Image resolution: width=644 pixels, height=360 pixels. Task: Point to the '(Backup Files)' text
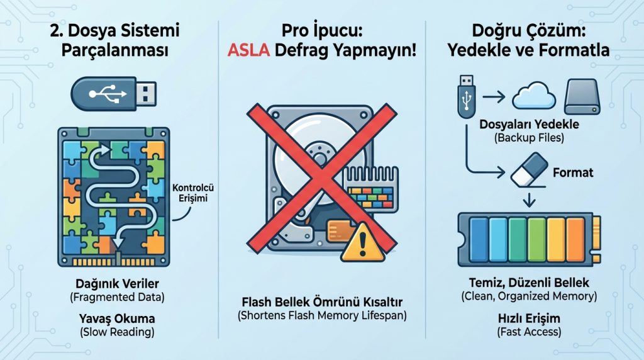click(528, 137)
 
